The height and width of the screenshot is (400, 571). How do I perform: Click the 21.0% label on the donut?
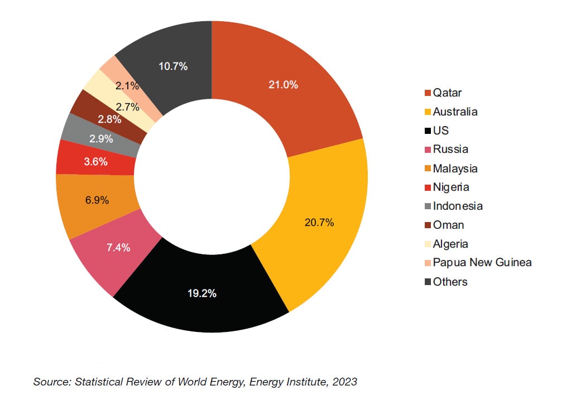click(284, 85)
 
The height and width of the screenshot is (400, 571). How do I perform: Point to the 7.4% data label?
click(118, 247)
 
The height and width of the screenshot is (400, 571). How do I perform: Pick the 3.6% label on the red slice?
click(95, 162)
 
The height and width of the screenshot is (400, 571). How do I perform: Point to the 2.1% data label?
click(127, 85)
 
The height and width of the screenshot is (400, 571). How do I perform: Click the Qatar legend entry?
click(447, 93)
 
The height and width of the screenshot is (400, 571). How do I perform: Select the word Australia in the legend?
click(455, 112)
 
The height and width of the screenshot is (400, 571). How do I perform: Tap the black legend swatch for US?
click(428, 131)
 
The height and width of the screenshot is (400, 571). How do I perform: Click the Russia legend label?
click(450, 150)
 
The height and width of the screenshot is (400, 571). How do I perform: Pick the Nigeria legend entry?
click(451, 187)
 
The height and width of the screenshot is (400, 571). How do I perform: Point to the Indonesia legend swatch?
click(428, 206)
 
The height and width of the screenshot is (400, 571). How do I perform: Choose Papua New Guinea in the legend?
click(482, 263)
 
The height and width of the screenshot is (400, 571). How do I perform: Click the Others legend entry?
click(450, 282)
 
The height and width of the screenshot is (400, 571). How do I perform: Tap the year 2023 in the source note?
click(345, 382)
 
